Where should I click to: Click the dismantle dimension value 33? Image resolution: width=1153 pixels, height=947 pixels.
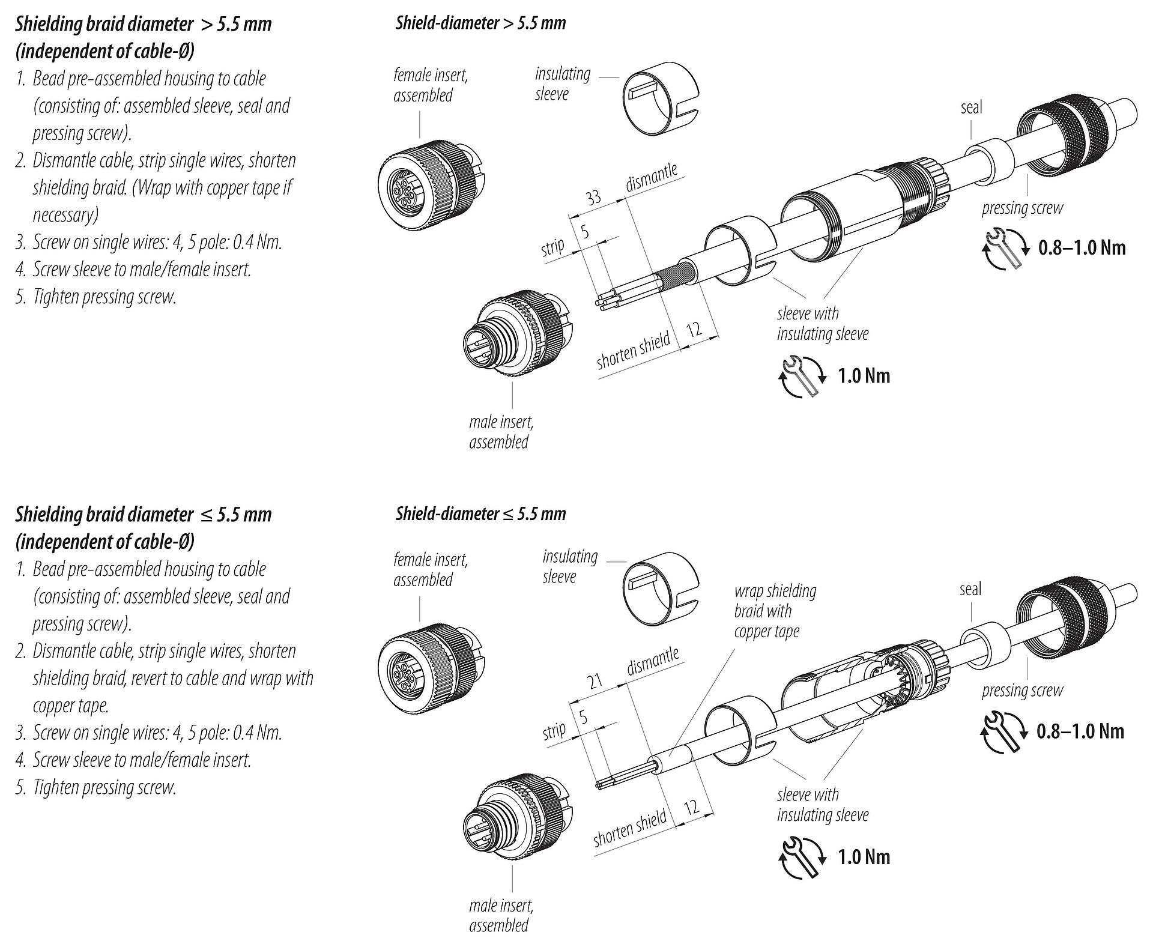pyautogui.click(x=593, y=197)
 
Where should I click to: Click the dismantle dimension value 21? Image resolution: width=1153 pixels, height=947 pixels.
pyautogui.click(x=595, y=681)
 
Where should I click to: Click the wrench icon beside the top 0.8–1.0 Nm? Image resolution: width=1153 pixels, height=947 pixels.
pyautogui.click(x=1005, y=248)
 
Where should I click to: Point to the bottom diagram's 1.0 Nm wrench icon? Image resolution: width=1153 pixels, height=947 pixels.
pyautogui.click(x=803, y=856)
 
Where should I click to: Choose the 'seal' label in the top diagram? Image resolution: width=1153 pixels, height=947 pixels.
pyautogui.click(x=971, y=107)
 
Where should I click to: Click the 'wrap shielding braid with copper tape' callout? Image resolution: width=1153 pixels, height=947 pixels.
pyautogui.click(x=775, y=611)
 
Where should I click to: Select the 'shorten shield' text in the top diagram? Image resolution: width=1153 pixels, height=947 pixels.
pyautogui.click(x=633, y=351)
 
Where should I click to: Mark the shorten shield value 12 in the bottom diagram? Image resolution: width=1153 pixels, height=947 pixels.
pyautogui.click(x=691, y=806)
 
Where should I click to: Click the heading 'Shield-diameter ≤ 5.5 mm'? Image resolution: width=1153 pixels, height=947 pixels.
pyautogui.click(x=480, y=514)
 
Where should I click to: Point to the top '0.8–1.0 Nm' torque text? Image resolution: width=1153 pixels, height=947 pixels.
pyautogui.click(x=1082, y=248)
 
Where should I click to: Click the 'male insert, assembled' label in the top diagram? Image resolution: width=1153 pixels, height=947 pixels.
pyautogui.click(x=501, y=432)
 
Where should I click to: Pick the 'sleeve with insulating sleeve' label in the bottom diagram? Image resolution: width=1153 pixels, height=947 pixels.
pyautogui.click(x=822, y=805)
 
